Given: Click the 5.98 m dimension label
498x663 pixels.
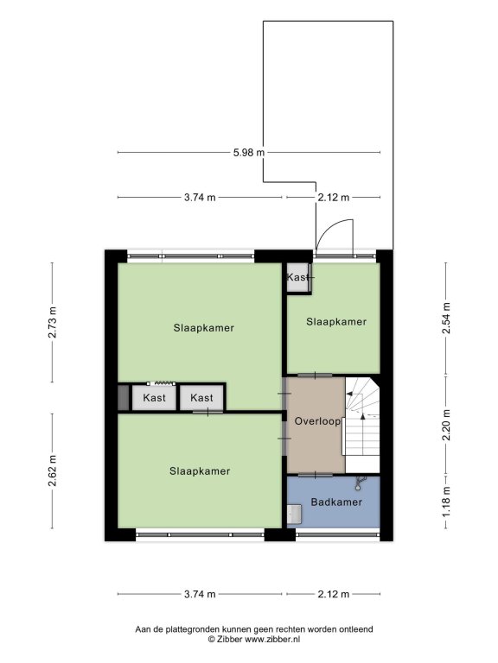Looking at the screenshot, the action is [x=249, y=152].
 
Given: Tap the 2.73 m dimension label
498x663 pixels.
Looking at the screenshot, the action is [x=52, y=322].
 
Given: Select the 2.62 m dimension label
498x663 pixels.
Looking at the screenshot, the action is [x=52, y=470].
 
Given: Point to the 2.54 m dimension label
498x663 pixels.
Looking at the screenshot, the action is [x=446, y=319].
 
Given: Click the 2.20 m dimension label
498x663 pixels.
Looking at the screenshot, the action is [x=446, y=425].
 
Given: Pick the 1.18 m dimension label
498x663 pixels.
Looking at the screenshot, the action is [x=446, y=502].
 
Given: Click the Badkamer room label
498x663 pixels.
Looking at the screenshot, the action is [x=336, y=502].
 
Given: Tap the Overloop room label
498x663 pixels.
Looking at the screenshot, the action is [x=317, y=421].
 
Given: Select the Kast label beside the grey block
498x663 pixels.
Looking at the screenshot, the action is [x=154, y=397].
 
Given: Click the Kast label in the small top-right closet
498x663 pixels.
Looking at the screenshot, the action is [x=297, y=277].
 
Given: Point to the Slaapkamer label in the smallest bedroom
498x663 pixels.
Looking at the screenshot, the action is [x=336, y=322].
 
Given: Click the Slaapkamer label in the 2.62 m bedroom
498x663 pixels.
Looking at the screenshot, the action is [x=200, y=471].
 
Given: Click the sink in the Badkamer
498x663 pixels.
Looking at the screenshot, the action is [x=294, y=514].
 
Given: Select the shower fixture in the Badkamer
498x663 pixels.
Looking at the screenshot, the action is [x=361, y=483].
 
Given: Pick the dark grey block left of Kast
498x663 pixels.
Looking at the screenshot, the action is [x=123, y=397].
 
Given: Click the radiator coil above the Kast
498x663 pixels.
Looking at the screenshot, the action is [x=165, y=383].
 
